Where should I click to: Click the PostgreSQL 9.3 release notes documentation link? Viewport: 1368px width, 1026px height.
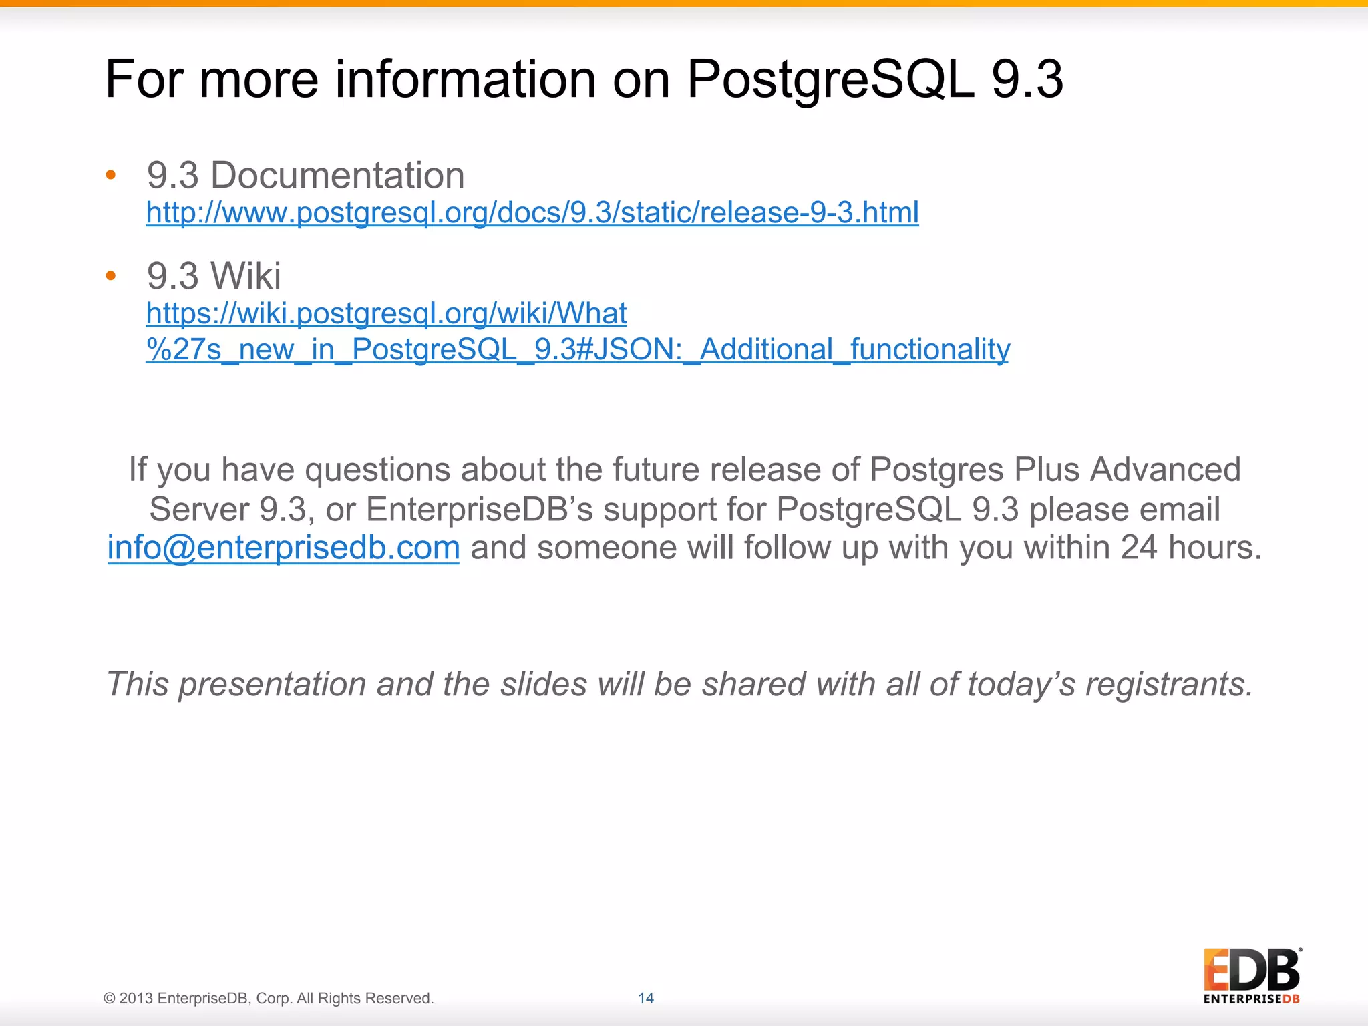point(532,213)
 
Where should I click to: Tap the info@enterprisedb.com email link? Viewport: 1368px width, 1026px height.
point(283,548)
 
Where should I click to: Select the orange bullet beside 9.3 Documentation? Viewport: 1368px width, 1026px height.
point(111,176)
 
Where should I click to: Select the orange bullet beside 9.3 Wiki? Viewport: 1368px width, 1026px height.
point(111,275)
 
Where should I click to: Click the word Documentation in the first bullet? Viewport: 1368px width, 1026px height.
point(337,176)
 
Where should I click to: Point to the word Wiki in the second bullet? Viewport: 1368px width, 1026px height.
point(245,275)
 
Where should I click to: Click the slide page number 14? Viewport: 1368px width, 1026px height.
point(645,998)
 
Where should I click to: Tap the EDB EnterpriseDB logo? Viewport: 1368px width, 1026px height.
point(1251,975)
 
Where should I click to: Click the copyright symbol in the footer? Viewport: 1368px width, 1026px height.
point(110,998)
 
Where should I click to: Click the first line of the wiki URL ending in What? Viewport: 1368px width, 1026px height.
point(386,313)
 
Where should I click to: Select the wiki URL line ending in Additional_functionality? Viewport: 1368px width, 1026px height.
point(577,349)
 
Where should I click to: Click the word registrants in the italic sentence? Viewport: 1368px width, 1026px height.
point(1168,684)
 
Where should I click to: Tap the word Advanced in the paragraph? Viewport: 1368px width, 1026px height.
point(1165,469)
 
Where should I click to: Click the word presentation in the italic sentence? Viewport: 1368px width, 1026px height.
point(272,684)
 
